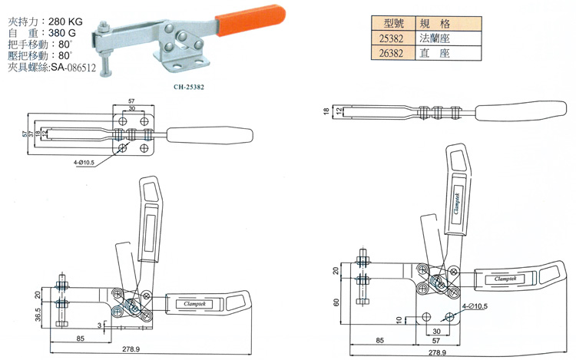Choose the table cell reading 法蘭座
(x=435, y=38)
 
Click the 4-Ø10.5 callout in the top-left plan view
(x=87, y=163)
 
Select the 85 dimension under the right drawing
(x=379, y=339)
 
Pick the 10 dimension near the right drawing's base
(x=399, y=319)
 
